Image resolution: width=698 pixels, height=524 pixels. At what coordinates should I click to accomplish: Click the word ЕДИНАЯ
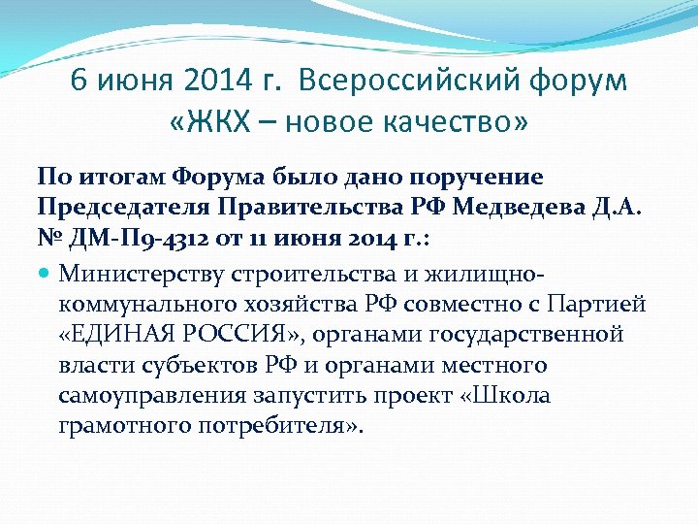126,335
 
